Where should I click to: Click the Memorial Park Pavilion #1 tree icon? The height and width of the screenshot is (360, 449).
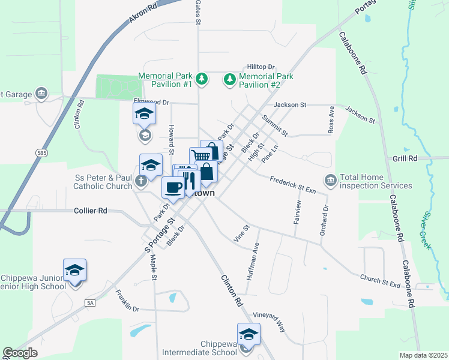pos(202,79)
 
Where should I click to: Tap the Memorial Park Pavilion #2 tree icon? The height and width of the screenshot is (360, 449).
pos(229,79)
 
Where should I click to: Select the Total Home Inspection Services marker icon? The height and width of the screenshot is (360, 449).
pos(330,180)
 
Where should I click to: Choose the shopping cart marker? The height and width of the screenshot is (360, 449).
pos(200,156)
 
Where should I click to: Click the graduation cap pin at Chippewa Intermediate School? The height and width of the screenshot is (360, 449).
pos(249,334)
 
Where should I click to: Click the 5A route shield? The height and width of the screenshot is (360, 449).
pos(90,302)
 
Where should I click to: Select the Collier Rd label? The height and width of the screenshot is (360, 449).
pos(90,211)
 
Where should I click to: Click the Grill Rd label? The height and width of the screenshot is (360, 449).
pos(405,158)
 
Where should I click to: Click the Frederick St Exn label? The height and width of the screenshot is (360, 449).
pos(292,184)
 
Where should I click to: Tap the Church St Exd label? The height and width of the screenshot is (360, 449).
pos(380,280)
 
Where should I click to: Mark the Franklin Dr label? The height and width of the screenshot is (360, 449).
pos(127,301)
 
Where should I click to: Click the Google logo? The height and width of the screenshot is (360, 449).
pos(20,353)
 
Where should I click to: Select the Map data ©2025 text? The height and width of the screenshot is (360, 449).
pos(423,355)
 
